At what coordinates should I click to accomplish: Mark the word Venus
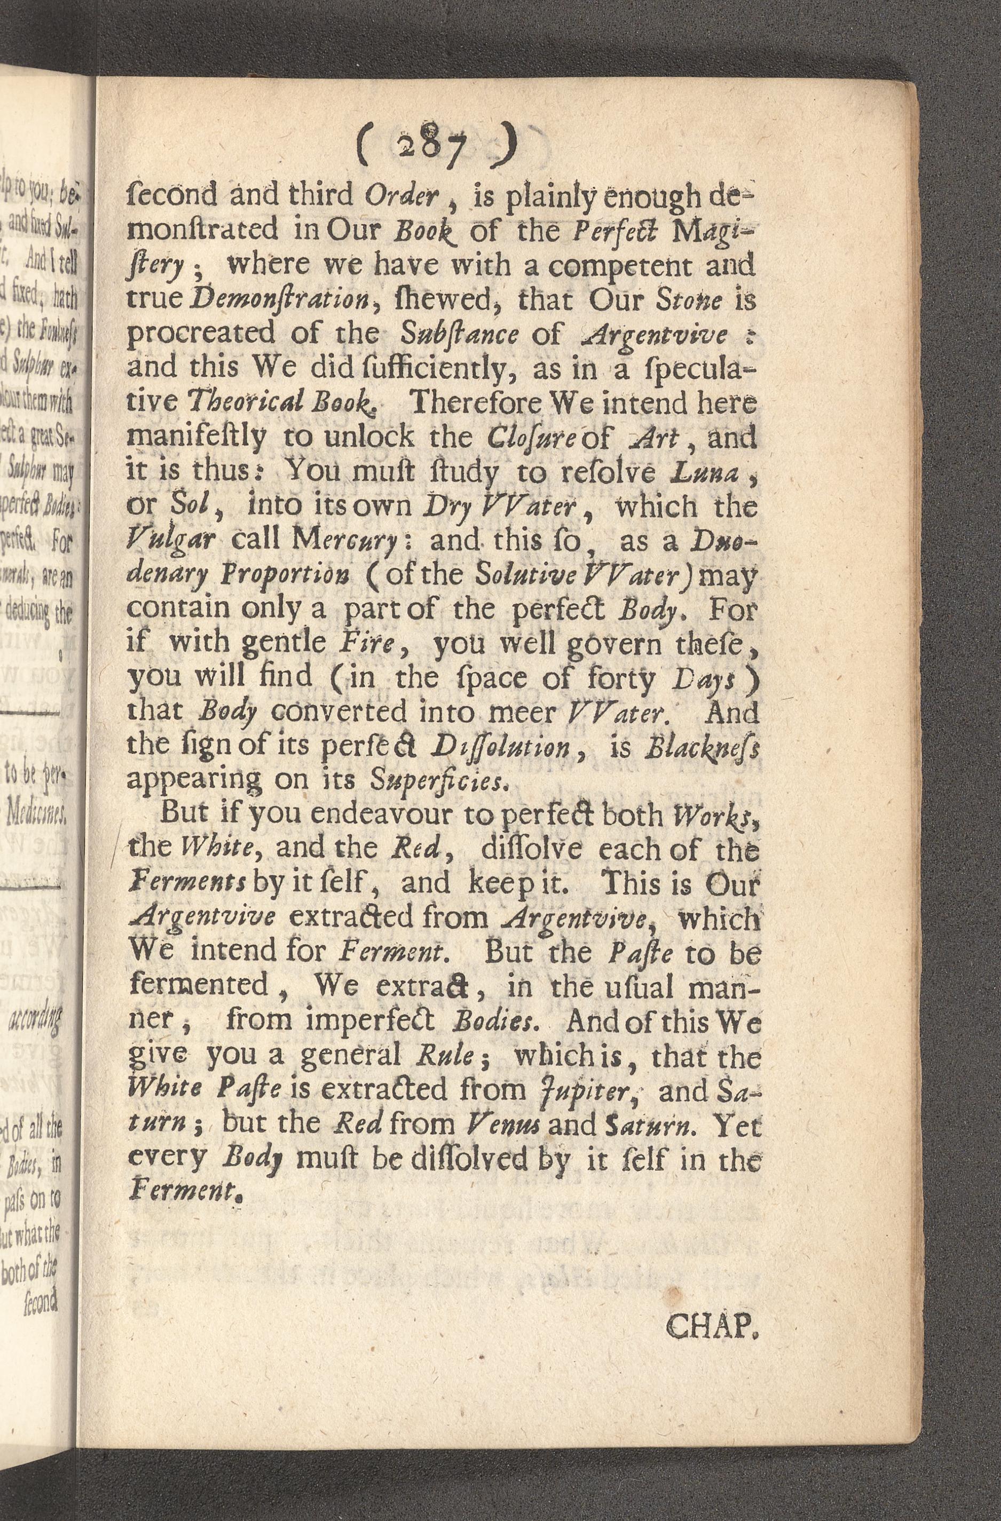point(498,1126)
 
